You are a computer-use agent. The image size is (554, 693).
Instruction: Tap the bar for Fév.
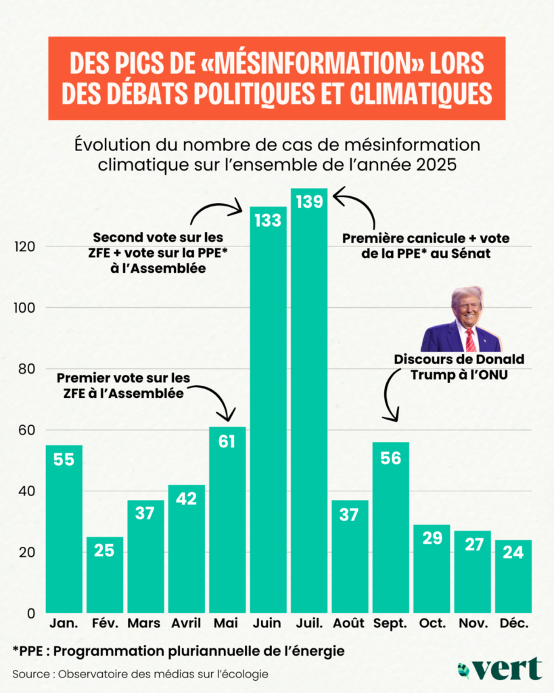coord(105,575)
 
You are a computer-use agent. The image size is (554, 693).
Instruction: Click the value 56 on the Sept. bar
coord(390,458)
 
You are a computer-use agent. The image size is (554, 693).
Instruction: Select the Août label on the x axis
coord(350,623)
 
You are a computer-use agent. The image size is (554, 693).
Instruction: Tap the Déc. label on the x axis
coord(513,623)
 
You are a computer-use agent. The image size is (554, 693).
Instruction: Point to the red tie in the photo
coord(470,338)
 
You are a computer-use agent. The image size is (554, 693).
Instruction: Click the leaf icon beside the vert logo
coord(464,669)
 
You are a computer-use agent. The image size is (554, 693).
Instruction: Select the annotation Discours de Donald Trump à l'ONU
coord(459,365)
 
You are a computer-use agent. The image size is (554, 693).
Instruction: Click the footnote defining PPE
coord(179,651)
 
